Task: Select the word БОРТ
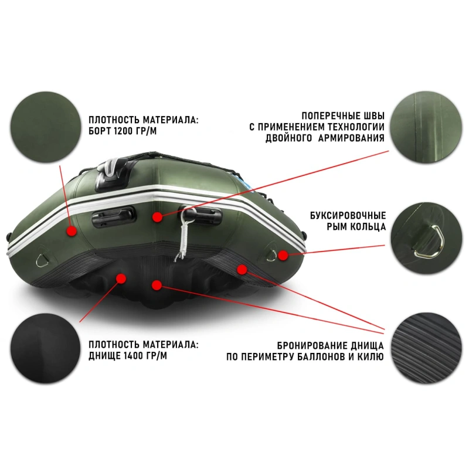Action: tap(100, 131)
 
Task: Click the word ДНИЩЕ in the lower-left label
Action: tap(104, 356)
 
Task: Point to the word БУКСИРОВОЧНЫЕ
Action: tap(348, 216)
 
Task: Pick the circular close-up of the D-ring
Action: tap(426, 238)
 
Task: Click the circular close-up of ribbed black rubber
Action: tap(426, 348)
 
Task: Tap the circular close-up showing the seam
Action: tap(426, 127)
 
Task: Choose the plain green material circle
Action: tap(46, 127)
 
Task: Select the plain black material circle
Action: tap(46, 348)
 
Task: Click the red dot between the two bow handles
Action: tap(157, 216)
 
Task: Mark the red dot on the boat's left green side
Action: tap(72, 230)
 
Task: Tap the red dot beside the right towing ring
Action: tap(283, 255)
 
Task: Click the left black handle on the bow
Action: tap(114, 216)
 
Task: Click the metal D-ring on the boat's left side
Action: tap(41, 260)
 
